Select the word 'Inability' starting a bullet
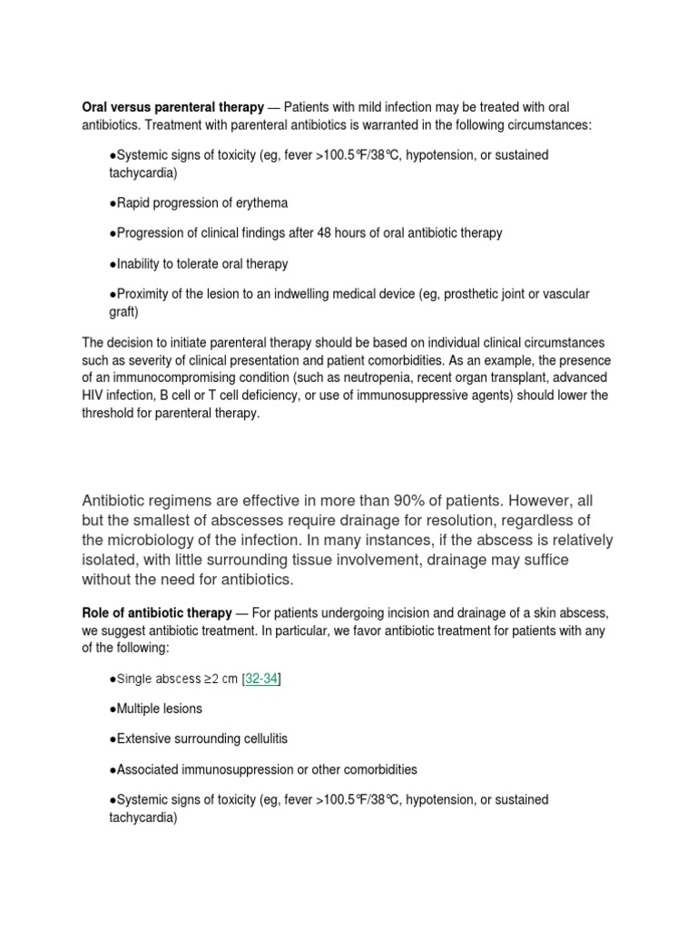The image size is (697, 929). (x=137, y=264)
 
